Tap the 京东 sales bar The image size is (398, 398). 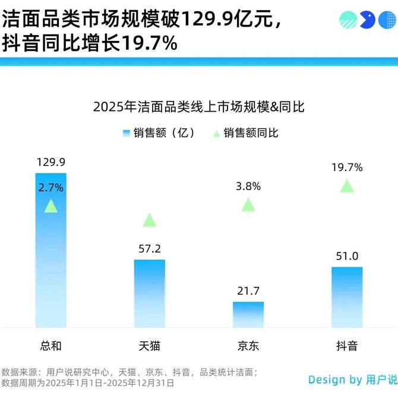click(x=248, y=314)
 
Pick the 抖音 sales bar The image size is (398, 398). click(x=347, y=296)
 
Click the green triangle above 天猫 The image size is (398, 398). click(x=150, y=220)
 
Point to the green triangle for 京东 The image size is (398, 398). click(x=248, y=205)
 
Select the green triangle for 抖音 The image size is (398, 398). click(x=347, y=186)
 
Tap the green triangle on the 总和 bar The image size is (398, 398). click(x=51, y=207)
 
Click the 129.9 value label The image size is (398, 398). click(x=51, y=162)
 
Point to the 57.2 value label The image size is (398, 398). click(x=150, y=248)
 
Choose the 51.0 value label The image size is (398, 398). click(x=347, y=256)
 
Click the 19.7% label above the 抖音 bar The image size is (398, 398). click(x=347, y=168)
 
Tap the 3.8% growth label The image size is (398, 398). click(x=248, y=187)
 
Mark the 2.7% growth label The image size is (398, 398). click(x=51, y=188)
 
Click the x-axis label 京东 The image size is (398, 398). click(x=248, y=346)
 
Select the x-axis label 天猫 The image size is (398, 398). click(x=150, y=346)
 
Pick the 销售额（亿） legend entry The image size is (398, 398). click(x=159, y=133)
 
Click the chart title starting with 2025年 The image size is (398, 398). click(x=199, y=107)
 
